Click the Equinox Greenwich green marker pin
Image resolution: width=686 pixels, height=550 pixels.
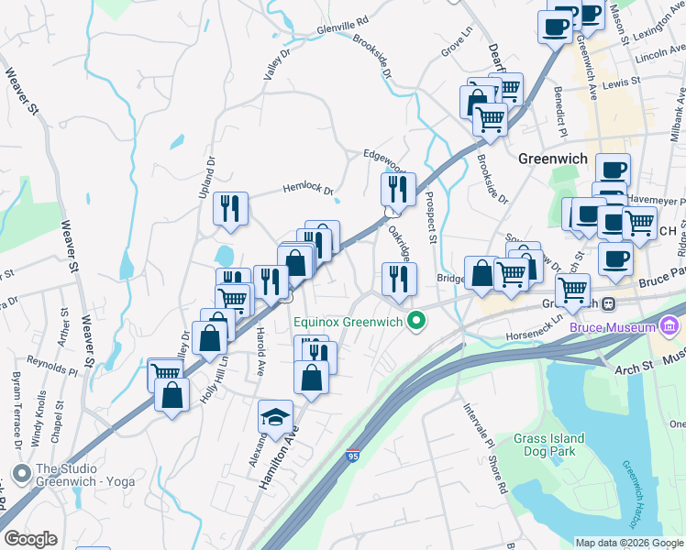(x=417, y=321)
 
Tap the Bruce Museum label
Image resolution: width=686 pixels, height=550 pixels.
(x=613, y=326)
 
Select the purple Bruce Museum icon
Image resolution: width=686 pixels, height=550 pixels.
(x=669, y=326)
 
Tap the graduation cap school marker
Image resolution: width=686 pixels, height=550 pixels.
(x=275, y=417)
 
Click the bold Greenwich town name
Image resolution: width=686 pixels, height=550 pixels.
(x=552, y=158)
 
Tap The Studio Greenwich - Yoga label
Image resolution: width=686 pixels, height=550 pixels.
(x=84, y=475)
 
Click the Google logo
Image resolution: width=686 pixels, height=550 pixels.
(x=31, y=538)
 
